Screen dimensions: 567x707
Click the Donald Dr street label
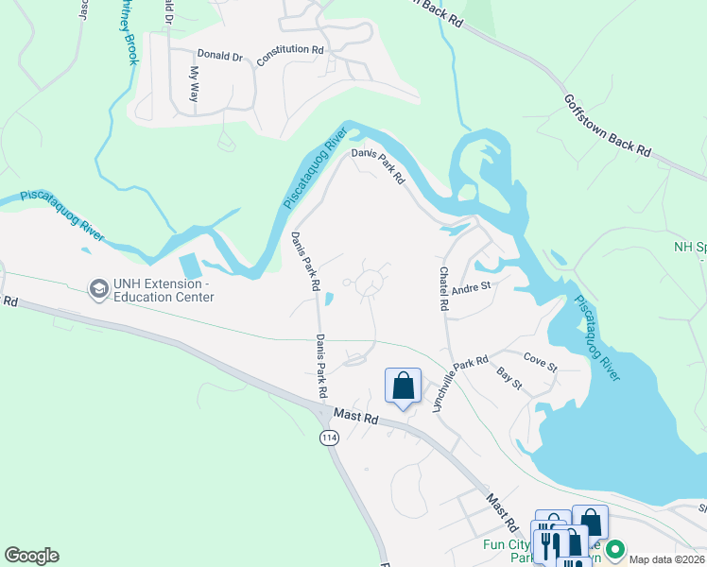[x=221, y=56]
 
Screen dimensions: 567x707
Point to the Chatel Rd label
[x=442, y=288]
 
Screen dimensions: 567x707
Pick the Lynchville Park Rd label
[x=458, y=383]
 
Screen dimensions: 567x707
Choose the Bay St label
[x=509, y=378]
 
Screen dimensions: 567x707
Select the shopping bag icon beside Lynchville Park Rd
[x=403, y=386]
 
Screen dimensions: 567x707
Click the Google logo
[x=31, y=556]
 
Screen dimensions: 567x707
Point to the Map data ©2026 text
[x=666, y=559]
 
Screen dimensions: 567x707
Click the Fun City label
[x=508, y=544]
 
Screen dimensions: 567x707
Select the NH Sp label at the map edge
[x=689, y=247]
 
